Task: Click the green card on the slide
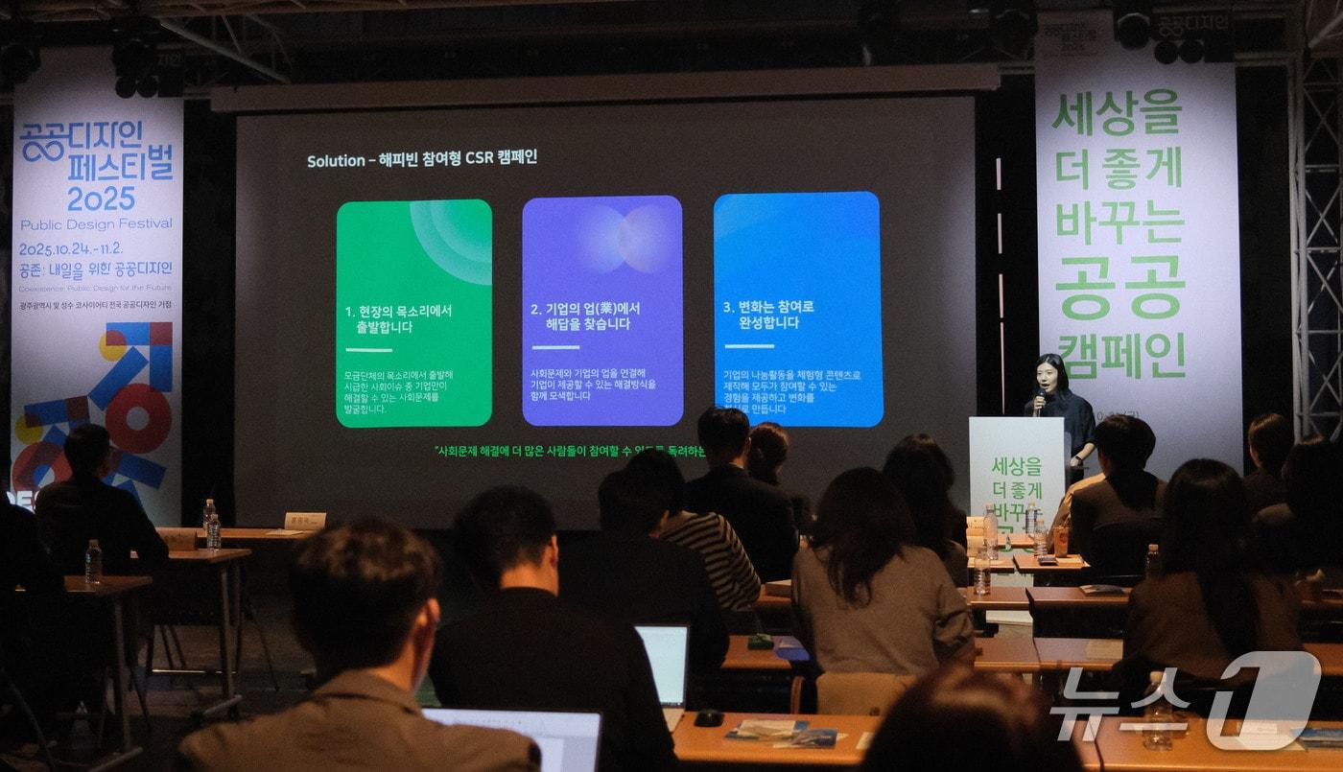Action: pyautogui.click(x=413, y=313)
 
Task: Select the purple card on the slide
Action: pyautogui.click(x=602, y=311)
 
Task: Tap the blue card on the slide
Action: pyautogui.click(x=797, y=309)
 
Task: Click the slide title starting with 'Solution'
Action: pyautogui.click(x=422, y=159)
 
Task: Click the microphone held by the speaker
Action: pyautogui.click(x=1040, y=396)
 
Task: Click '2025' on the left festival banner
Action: pyautogui.click(x=101, y=199)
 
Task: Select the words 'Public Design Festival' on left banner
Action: pyautogui.click(x=96, y=224)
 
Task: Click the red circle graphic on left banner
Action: pyautogui.click(x=140, y=417)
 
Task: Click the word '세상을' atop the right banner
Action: pyautogui.click(x=1116, y=113)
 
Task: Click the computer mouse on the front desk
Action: pyautogui.click(x=708, y=717)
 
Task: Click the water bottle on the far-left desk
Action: pyautogui.click(x=93, y=562)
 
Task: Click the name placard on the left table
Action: pyautogui.click(x=305, y=521)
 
